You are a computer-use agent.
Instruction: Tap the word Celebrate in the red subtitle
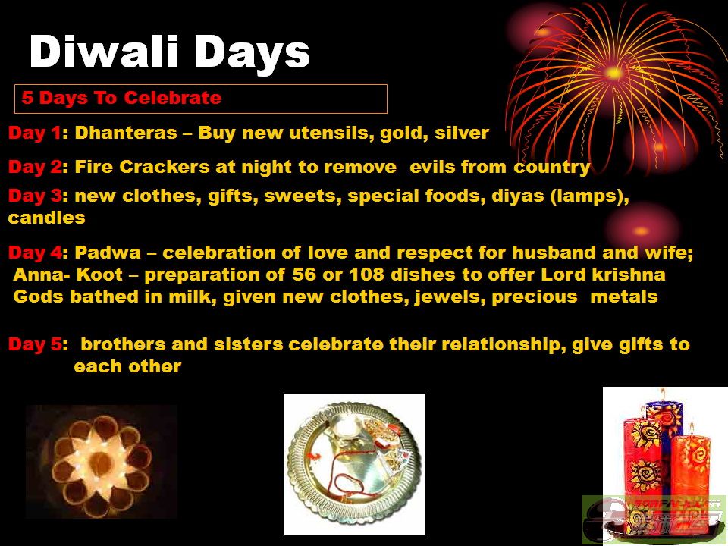(x=172, y=98)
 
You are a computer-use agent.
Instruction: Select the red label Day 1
(x=35, y=133)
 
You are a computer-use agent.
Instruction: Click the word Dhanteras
(x=126, y=133)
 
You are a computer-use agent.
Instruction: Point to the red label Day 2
(x=36, y=167)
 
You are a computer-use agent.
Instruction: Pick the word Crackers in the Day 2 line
(x=165, y=167)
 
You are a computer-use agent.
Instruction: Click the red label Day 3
(x=36, y=196)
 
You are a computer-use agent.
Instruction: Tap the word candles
(x=46, y=218)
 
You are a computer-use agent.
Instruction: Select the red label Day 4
(x=36, y=253)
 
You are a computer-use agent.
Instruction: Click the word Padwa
(x=108, y=253)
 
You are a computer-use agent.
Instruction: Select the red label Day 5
(x=36, y=344)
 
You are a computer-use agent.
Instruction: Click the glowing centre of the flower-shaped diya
(x=101, y=463)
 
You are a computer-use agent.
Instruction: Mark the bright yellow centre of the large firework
(x=613, y=73)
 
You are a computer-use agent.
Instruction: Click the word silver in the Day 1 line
(x=462, y=133)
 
